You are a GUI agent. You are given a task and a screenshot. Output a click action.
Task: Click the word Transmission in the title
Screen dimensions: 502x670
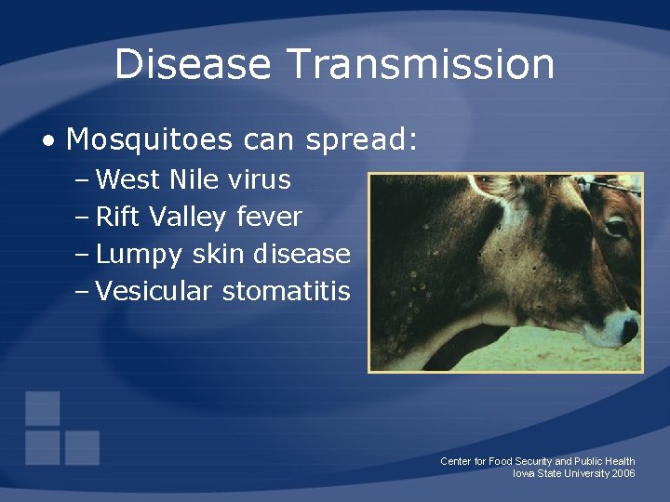coord(421,64)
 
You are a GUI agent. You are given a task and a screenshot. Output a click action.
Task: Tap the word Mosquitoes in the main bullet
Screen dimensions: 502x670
coord(150,139)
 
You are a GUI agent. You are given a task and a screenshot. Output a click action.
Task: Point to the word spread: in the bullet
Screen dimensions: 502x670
coord(362,141)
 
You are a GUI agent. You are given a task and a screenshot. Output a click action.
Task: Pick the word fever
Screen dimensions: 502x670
coord(270,217)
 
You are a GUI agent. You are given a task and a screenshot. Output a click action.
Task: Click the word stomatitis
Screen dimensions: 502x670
coord(287,291)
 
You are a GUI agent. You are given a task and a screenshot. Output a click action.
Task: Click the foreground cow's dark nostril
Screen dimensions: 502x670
coord(629,327)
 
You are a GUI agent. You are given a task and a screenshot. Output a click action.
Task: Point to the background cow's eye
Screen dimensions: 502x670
coord(616,226)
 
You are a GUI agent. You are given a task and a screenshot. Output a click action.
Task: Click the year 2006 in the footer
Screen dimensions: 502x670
coord(623,473)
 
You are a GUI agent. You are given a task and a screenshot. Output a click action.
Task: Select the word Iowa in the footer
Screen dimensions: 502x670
coord(524,473)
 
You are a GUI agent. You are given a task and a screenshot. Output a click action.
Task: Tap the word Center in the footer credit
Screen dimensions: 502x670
coord(456,461)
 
